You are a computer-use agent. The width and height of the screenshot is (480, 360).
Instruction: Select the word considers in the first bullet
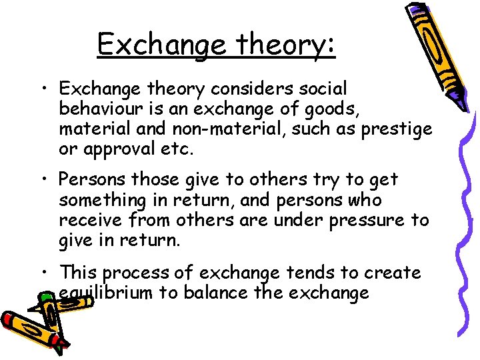242,88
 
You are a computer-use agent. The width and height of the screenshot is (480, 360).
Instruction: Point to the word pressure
371,220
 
